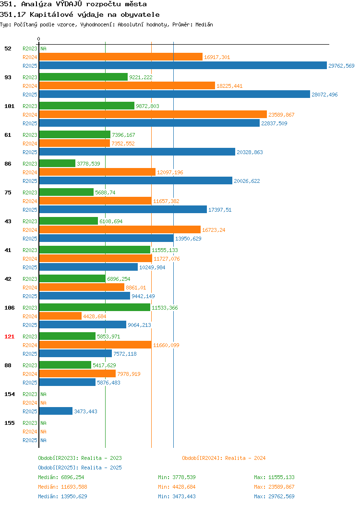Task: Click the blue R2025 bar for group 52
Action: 183,65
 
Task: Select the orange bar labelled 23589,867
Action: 153,114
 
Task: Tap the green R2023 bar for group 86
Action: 57,163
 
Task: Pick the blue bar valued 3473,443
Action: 56,411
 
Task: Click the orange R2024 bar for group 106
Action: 60,316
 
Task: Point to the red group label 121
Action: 9,337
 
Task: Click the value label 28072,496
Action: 324,95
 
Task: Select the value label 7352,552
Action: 123,144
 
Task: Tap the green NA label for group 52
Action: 44,48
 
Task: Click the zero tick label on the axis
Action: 39,39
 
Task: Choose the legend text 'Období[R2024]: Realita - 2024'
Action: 224,458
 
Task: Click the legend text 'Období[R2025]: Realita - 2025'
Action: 80,468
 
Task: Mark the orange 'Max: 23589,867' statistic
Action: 274,487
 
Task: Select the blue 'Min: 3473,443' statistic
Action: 177,497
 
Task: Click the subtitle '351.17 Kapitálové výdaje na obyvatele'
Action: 80,14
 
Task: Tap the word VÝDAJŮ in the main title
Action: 69,4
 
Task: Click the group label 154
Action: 9,394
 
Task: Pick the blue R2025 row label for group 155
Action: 30,440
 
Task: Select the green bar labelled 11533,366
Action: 95,307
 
